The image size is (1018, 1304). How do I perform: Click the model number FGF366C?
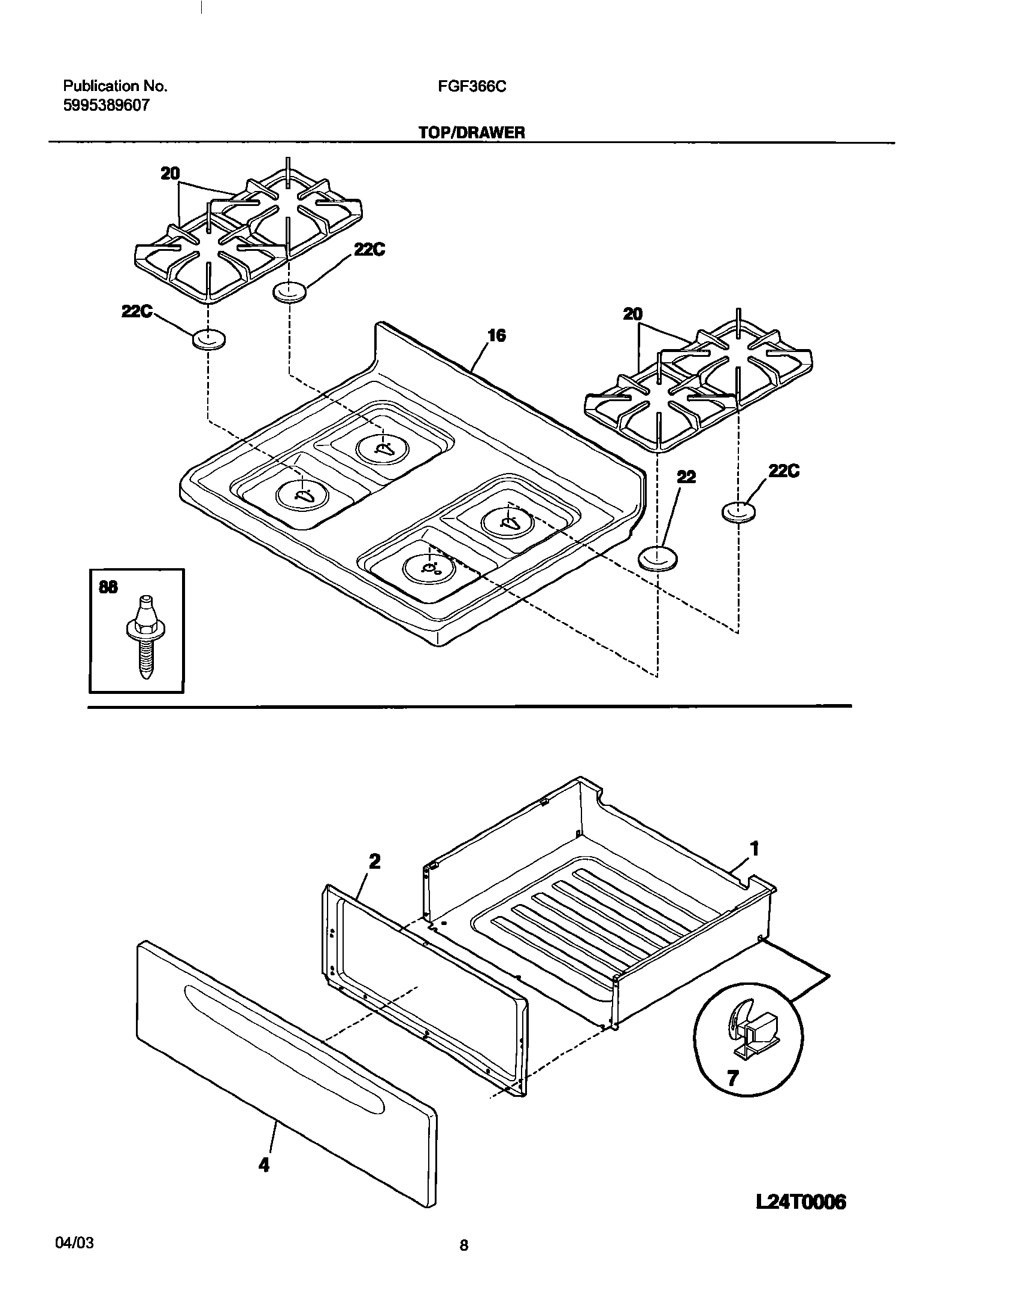coord(472,87)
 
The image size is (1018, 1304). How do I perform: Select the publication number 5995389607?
coord(106,106)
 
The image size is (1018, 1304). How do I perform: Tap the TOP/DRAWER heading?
coord(471,133)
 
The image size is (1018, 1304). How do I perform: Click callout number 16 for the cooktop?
coord(496,336)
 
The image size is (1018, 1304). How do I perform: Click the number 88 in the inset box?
coord(108,588)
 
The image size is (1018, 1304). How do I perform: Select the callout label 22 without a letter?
coord(686,477)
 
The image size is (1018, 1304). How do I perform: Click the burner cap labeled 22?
coord(659,559)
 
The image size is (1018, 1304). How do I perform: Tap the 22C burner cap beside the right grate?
coord(738,512)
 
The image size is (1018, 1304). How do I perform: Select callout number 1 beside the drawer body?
coord(755,848)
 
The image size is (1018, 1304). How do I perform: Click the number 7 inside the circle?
coord(732,1078)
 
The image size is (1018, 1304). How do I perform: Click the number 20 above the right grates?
coord(632,314)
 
